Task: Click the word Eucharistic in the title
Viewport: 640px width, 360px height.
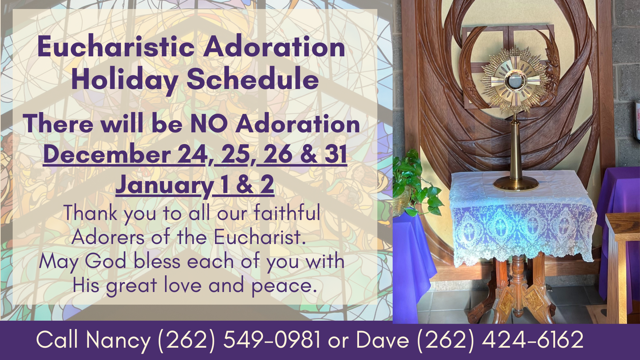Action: tap(116, 47)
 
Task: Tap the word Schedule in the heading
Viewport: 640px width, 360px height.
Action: tap(253, 79)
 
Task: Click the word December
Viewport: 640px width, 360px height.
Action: tap(107, 154)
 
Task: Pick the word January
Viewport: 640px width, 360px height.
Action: tap(164, 185)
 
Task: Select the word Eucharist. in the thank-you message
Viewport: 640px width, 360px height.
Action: tap(260, 237)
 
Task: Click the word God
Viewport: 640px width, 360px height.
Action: tap(105, 261)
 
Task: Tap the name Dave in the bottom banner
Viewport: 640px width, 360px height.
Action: tap(382, 340)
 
